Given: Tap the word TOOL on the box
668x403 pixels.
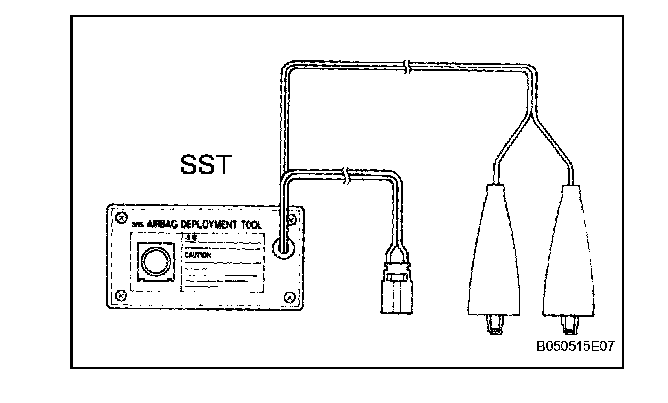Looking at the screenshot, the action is pos(249,227).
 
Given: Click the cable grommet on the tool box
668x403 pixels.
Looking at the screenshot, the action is pos(285,243).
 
